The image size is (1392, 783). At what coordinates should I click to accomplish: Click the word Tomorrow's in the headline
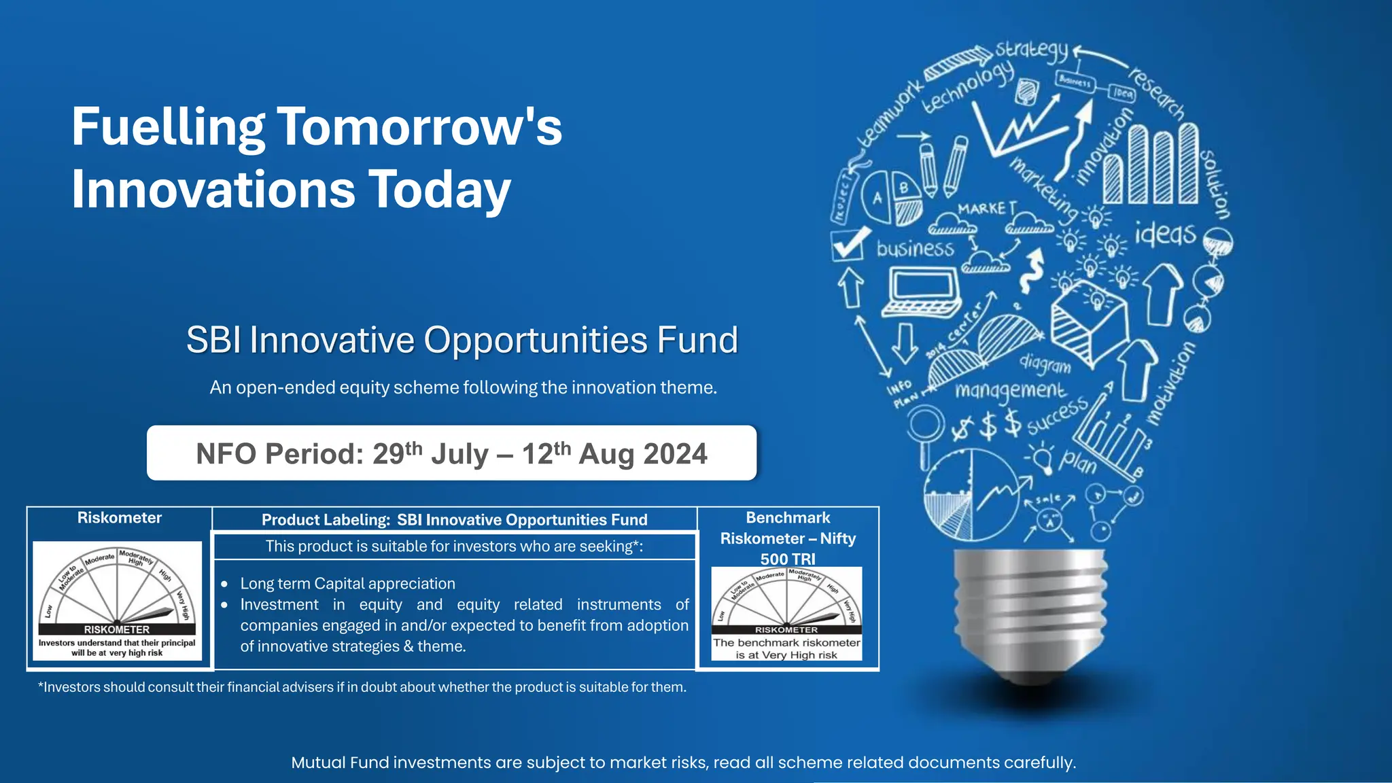(x=419, y=127)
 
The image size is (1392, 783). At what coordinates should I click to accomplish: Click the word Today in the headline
(x=439, y=190)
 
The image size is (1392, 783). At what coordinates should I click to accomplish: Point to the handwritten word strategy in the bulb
(x=1032, y=50)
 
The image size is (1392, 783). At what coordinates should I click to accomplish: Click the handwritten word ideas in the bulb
(x=1165, y=234)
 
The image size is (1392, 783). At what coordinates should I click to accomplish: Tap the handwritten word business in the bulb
(x=915, y=248)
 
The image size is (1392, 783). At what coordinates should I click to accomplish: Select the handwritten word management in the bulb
(x=1010, y=390)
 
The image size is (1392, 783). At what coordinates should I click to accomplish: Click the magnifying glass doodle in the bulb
(x=925, y=431)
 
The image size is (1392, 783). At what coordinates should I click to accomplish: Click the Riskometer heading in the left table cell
(x=120, y=518)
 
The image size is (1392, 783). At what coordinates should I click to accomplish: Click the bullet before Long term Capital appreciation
(x=224, y=584)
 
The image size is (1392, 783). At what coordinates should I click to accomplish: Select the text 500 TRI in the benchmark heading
(x=787, y=559)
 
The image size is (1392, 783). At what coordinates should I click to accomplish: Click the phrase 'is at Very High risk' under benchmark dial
(x=786, y=655)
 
